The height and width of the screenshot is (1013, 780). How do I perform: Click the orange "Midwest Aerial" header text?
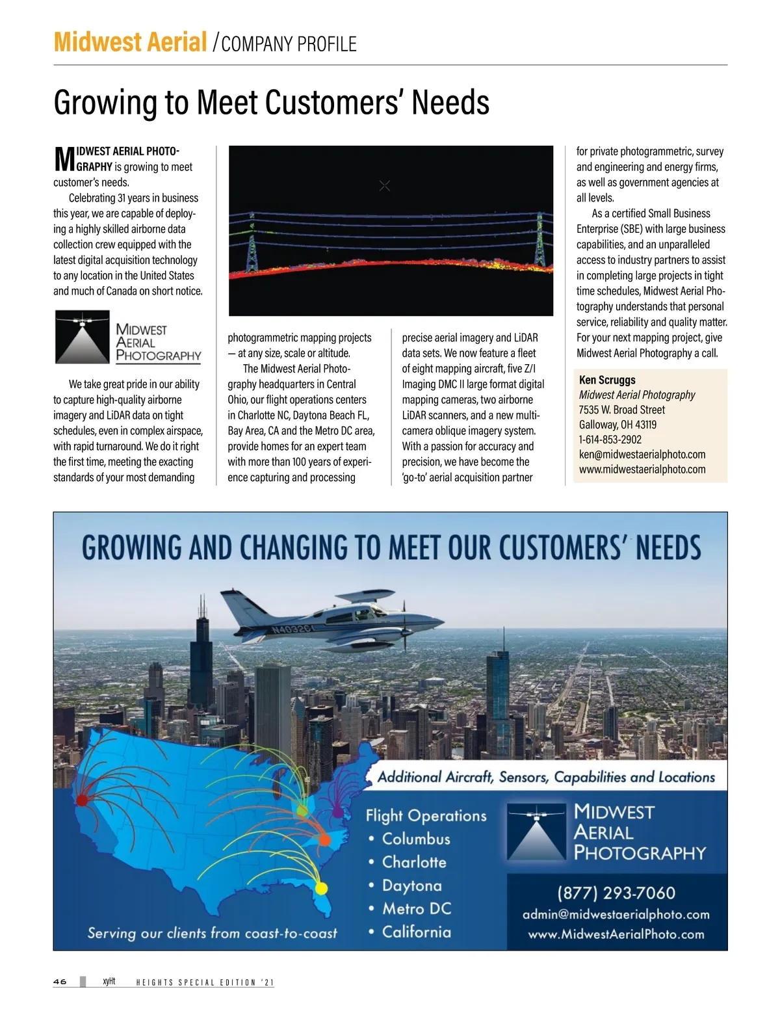(x=130, y=42)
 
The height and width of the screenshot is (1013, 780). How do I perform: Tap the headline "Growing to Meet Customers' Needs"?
(x=271, y=103)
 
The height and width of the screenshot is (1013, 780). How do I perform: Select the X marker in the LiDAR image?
(x=385, y=186)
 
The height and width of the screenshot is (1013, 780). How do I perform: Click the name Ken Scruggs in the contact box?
(x=607, y=380)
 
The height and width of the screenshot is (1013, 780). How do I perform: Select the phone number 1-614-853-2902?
(x=610, y=440)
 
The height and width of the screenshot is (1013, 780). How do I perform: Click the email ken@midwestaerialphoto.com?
(x=642, y=454)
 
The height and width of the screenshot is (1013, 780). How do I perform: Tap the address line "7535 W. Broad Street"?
(x=621, y=410)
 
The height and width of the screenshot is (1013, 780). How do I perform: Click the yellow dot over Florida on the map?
(x=321, y=888)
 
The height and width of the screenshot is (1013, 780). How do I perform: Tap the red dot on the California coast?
(x=82, y=799)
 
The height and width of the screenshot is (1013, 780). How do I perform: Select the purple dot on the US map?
(x=337, y=811)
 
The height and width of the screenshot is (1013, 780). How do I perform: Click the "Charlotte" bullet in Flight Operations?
(x=414, y=862)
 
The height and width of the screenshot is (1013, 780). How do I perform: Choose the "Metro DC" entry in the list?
(x=416, y=909)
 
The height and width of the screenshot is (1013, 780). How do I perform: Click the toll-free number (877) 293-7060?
(x=616, y=893)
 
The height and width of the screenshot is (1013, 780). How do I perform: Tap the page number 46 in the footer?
(x=60, y=982)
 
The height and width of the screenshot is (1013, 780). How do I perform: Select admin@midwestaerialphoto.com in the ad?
(x=616, y=914)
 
